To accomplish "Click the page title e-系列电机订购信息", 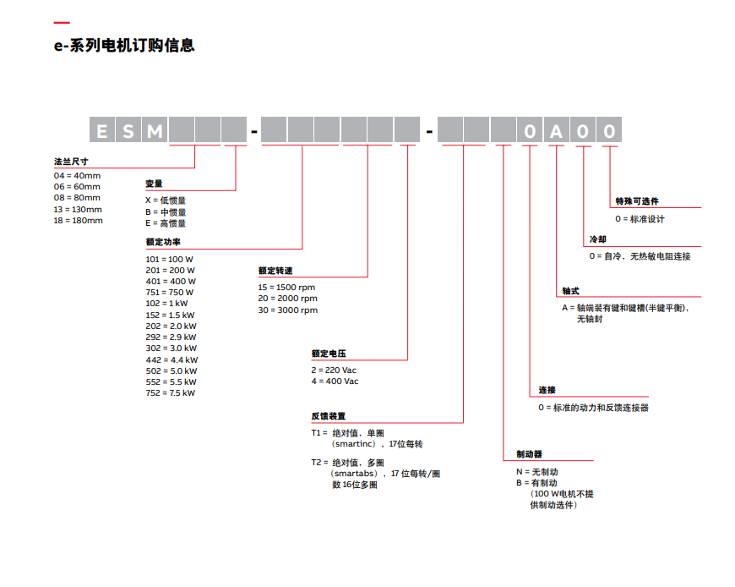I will pyautogui.click(x=124, y=46).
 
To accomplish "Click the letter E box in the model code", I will pyautogui.click(x=102, y=130).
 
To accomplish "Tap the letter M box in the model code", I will pyautogui.click(x=155, y=130).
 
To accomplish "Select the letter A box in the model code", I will pyautogui.click(x=556, y=130).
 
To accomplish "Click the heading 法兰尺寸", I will pyautogui.click(x=71, y=161).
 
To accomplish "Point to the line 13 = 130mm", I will pyautogui.click(x=78, y=209).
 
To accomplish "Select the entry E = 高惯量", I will pyautogui.click(x=166, y=223).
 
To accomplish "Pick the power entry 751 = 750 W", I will pyautogui.click(x=170, y=293).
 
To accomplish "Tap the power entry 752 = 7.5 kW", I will pyautogui.click(x=171, y=392).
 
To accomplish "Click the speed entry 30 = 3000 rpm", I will pyautogui.click(x=287, y=310).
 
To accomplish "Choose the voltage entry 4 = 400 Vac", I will pyautogui.click(x=335, y=381).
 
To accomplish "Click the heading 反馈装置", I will pyautogui.click(x=328, y=416).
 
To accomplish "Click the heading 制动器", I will pyautogui.click(x=529, y=454).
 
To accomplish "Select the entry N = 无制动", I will pyautogui.click(x=537, y=471).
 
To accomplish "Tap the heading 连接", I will pyautogui.click(x=547, y=390).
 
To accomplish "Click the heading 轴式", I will pyautogui.click(x=570, y=291).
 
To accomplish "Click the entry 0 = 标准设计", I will pyautogui.click(x=640, y=219).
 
